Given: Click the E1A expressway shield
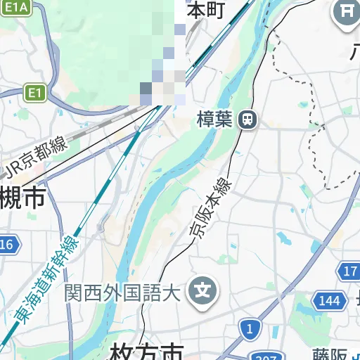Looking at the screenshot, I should pos(17,7).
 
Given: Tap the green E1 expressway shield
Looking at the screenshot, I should pos(34,92).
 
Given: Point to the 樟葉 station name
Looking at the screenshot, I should pos(214,119).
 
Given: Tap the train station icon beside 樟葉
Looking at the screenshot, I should pos(247,120).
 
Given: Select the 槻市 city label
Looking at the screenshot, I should pos(21,198).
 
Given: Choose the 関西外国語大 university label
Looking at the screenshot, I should pos(124,290).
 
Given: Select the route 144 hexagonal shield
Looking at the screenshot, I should pos(329,301).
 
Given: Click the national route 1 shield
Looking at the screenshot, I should pos(248,328).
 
